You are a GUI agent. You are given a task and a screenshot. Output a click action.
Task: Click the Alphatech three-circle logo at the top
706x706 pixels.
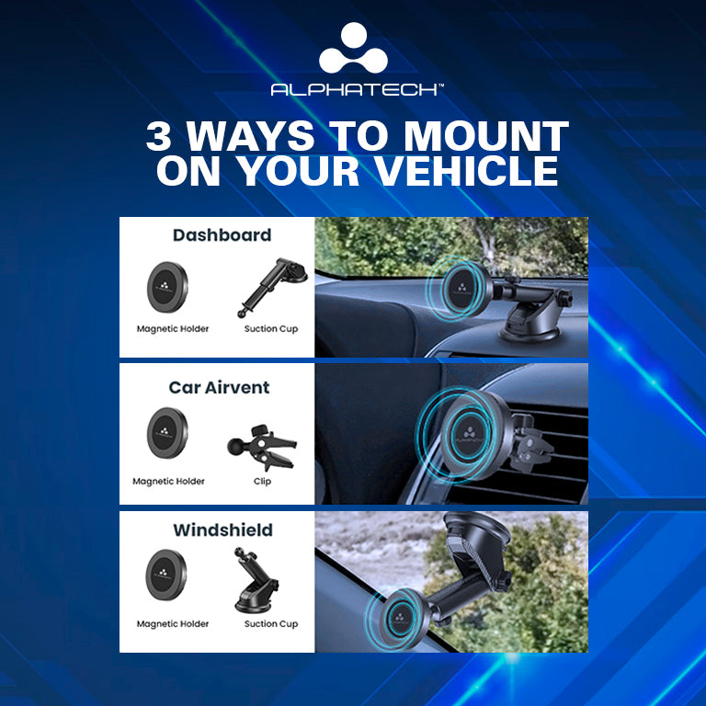coord(353,48)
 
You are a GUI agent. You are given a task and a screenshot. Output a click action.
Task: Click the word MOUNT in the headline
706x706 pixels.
coord(485,136)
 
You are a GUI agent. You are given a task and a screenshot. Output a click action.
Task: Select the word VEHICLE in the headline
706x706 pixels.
coord(466,171)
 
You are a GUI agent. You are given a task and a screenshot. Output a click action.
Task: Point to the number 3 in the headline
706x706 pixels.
coord(158,136)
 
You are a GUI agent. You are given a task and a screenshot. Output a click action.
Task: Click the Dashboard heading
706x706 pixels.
coord(222,235)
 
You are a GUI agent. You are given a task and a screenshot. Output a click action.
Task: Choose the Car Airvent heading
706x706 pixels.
coord(219,387)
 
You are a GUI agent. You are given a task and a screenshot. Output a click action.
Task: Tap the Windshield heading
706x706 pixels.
coord(222,529)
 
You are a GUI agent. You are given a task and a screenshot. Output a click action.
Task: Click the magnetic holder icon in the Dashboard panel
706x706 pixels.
coord(167,287)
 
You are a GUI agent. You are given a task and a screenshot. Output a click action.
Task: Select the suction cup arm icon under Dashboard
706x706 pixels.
coord(272,287)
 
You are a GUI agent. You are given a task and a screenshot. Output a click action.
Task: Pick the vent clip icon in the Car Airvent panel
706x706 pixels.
coord(262,447)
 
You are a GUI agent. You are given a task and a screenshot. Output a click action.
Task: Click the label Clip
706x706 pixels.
coord(262,482)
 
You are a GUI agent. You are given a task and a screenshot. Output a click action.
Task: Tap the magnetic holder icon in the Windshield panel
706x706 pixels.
coord(165,575)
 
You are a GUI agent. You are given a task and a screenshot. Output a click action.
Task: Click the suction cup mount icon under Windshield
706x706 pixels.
coord(256,580)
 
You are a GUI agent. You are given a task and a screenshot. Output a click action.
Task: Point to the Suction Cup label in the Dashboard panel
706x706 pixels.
coord(271,329)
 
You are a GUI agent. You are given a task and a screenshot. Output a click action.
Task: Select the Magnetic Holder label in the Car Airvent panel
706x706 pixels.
coord(168,482)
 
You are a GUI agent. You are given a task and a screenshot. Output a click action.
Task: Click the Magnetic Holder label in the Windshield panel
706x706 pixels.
coord(173,624)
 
